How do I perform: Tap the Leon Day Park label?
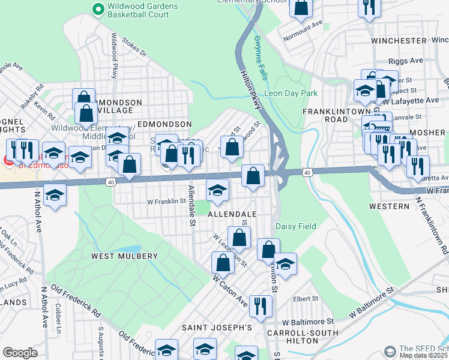[291, 94]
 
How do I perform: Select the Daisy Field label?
[295, 226]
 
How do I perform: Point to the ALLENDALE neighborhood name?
[232, 214]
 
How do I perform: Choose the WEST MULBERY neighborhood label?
[124, 256]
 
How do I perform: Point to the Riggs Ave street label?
[406, 61]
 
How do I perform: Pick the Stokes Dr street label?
[134, 48]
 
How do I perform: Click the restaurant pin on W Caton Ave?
[261, 305]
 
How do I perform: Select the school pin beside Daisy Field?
[285, 264]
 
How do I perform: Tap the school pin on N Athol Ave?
[55, 196]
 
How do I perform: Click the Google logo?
[20, 353]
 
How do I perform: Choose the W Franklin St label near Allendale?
[167, 202]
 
